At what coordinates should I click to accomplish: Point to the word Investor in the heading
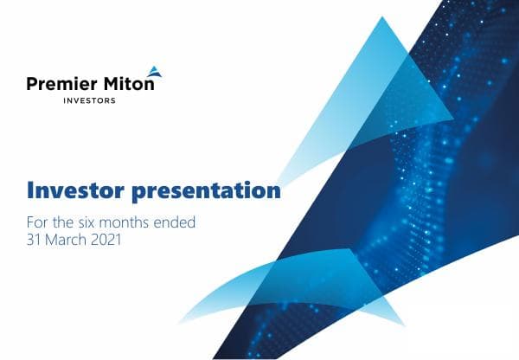coord(75,190)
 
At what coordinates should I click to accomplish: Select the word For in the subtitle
coord(40,222)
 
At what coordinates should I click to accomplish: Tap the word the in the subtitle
coord(67,222)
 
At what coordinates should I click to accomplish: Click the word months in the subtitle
coord(133,222)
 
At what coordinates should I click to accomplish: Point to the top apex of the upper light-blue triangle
coord(384,17)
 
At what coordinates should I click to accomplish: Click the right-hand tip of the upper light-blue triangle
coord(453,115)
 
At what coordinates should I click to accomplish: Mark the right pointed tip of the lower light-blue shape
coord(405,326)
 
